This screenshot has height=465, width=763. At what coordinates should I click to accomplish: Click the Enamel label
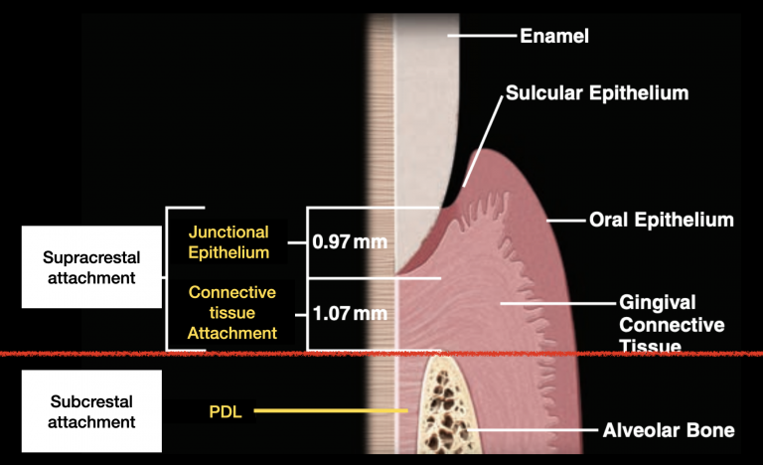(554, 37)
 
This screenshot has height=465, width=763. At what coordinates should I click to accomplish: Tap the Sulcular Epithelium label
(597, 93)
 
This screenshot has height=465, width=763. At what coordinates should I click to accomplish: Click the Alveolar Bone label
(669, 430)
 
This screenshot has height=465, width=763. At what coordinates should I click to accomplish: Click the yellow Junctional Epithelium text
(229, 241)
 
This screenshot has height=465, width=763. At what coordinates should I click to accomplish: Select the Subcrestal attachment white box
(90, 411)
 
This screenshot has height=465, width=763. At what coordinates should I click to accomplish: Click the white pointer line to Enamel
(481, 37)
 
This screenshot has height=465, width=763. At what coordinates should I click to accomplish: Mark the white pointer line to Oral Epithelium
(565, 220)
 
